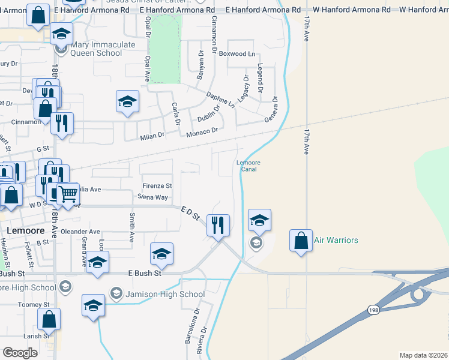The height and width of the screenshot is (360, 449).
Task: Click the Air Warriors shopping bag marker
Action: click(301, 241)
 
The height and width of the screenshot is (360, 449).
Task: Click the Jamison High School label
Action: click(164, 294)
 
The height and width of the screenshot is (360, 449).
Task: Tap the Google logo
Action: click(20, 353)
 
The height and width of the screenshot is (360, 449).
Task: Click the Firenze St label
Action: click(157, 186)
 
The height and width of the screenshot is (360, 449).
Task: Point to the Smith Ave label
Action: click(131, 227)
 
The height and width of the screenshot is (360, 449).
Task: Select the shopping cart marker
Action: click(67, 194)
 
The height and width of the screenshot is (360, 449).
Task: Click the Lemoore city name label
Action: click(26, 230)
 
